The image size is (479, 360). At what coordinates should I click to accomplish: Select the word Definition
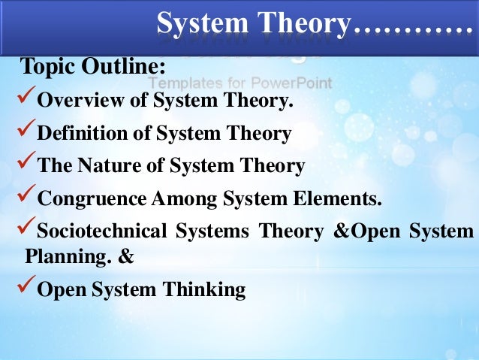tap(76, 134)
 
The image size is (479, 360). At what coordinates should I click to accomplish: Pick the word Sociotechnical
tap(101, 231)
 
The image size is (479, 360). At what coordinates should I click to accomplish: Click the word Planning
tap(59, 256)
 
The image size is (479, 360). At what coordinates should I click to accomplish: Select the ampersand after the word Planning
tap(127, 256)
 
